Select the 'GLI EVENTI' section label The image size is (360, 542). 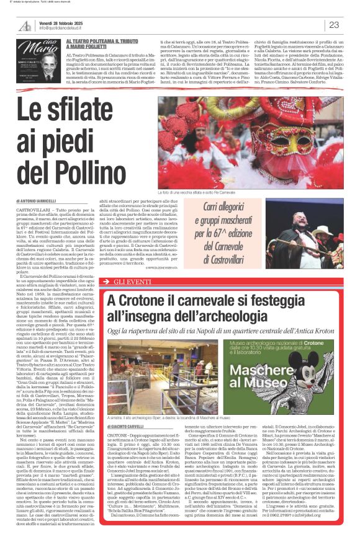pyautogui.click(x=133, y=281)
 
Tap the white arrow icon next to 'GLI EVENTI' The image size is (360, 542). pyautogui.click(x=111, y=281)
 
